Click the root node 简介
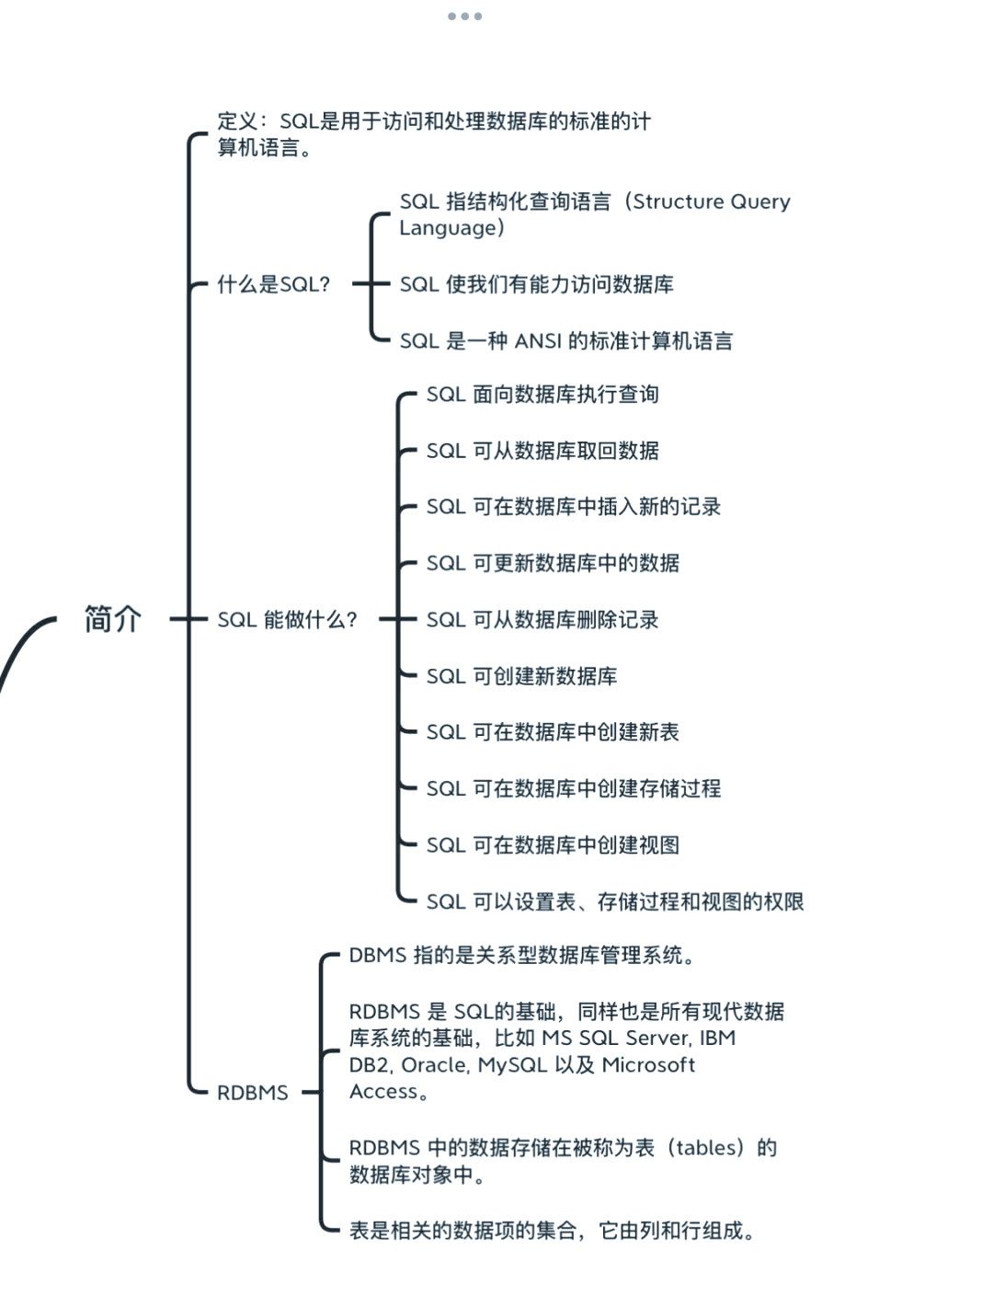[x=112, y=619]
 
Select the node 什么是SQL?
[x=273, y=284]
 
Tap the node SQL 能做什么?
[x=287, y=619]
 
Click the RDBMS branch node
[x=252, y=1093]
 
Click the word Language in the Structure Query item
[x=446, y=227]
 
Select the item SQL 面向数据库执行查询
[x=542, y=395]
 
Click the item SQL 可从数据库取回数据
[x=542, y=451]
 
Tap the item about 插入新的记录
[x=573, y=507]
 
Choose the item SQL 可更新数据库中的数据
[x=553, y=563]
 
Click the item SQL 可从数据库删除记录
[x=542, y=620]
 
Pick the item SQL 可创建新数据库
[x=521, y=676]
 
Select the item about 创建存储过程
[x=573, y=788]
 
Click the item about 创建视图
[x=553, y=844]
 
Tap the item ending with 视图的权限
[x=614, y=901]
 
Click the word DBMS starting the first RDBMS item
[x=377, y=956]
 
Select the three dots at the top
[x=464, y=16]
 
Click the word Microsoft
[x=648, y=1065]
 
